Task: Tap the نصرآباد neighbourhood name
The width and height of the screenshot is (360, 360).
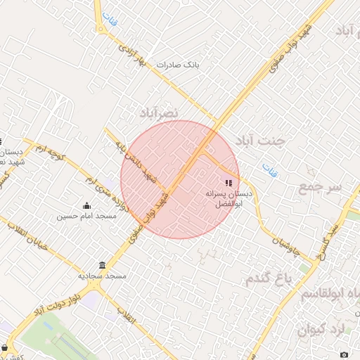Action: click(x=160, y=112)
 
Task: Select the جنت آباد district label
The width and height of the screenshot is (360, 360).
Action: click(x=260, y=140)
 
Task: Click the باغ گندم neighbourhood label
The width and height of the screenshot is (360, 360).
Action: click(x=268, y=279)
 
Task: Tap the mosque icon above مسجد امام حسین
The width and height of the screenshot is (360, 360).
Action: click(x=86, y=205)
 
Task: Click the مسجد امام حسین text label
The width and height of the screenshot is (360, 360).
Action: click(x=86, y=217)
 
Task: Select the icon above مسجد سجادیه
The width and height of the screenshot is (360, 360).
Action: click(x=103, y=265)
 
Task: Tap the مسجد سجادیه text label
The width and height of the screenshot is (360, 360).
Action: click(x=103, y=276)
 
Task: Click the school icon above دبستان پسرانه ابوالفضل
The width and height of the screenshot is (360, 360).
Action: click(x=229, y=184)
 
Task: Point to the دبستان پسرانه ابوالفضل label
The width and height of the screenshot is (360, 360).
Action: click(x=228, y=198)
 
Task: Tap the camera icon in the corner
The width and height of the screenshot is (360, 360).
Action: click(x=344, y=354)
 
